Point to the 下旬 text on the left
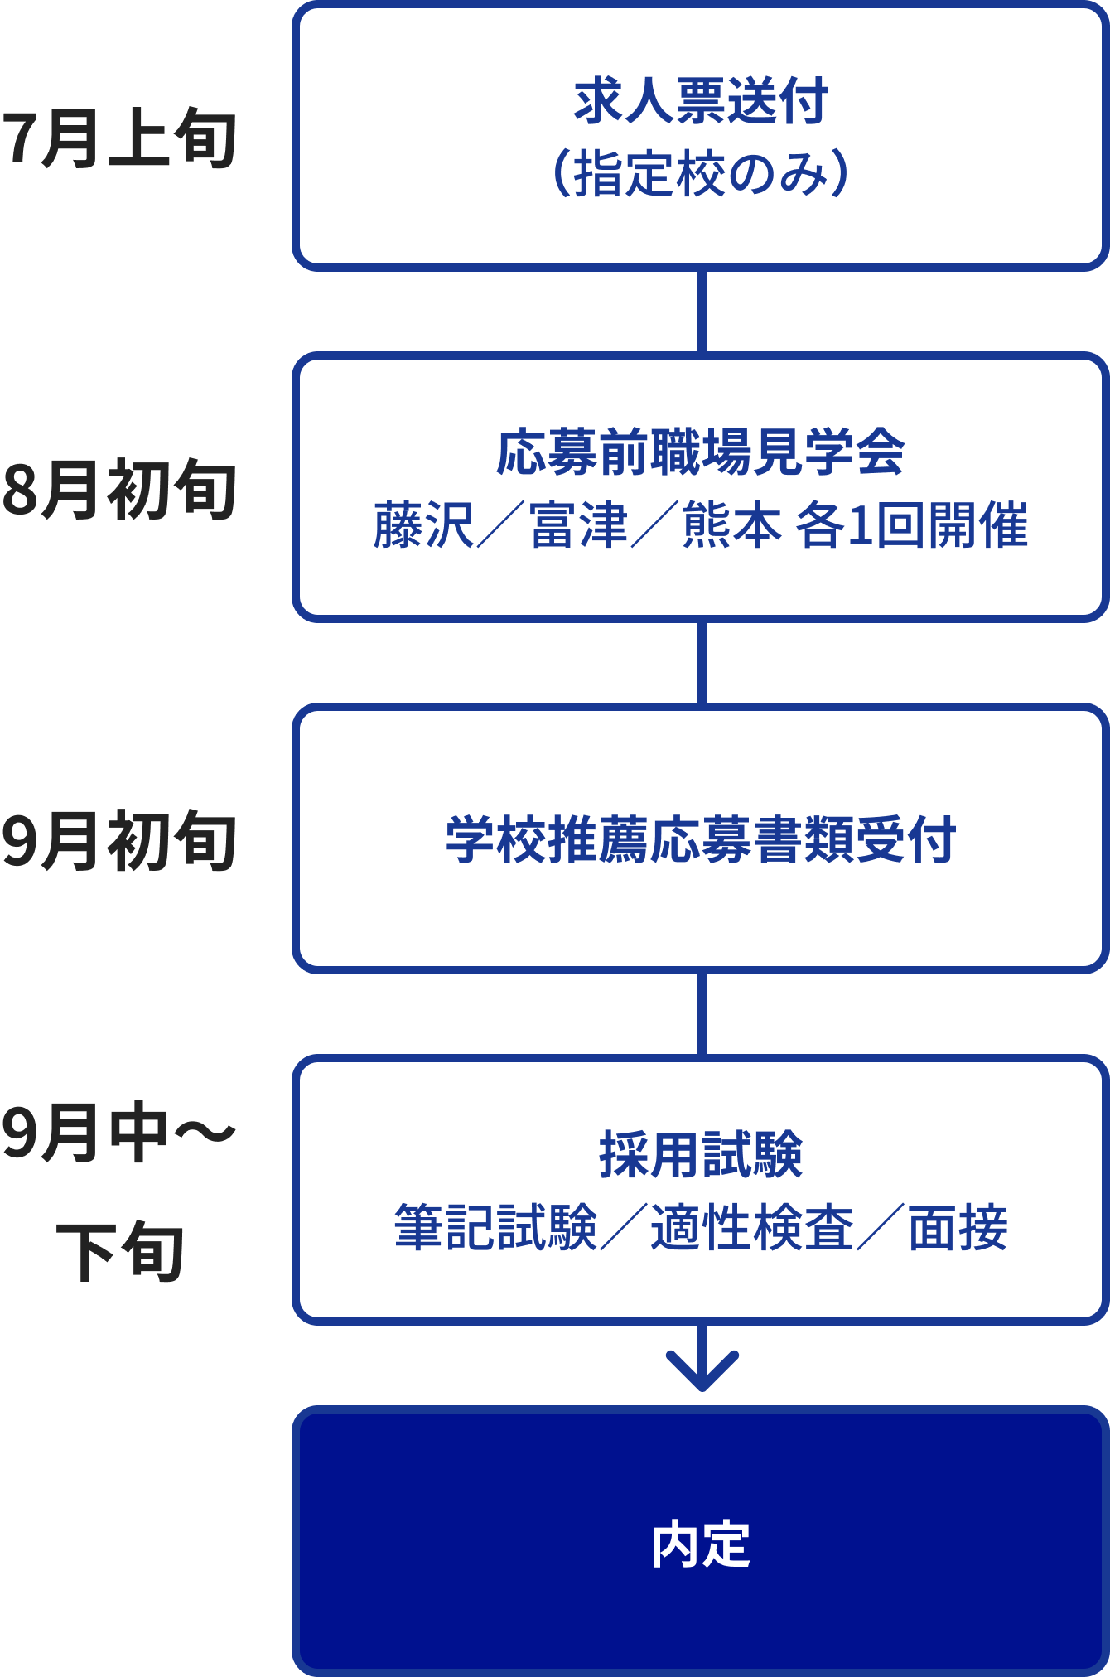pos(120,1250)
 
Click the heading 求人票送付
pos(701,101)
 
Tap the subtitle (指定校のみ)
pos(701,173)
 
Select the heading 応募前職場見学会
pos(701,452)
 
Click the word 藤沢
pos(422,525)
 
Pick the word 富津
pos(578,525)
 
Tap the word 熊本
pos(731,525)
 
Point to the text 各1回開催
pos(911,525)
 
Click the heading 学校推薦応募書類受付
pos(701,840)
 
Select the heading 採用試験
pos(701,1155)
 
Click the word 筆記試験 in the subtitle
pos(495,1227)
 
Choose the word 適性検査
pos(752,1227)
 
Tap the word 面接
pos(958,1227)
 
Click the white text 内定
pos(701,1545)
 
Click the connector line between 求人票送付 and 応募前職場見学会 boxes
pos(702,312)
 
